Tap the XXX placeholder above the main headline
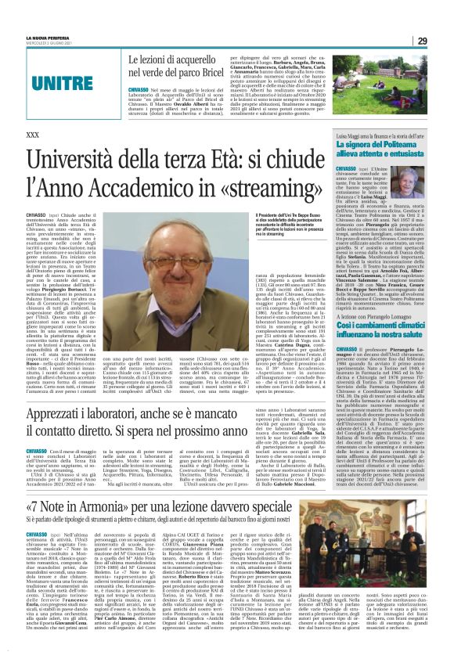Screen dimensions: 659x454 (33, 135)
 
